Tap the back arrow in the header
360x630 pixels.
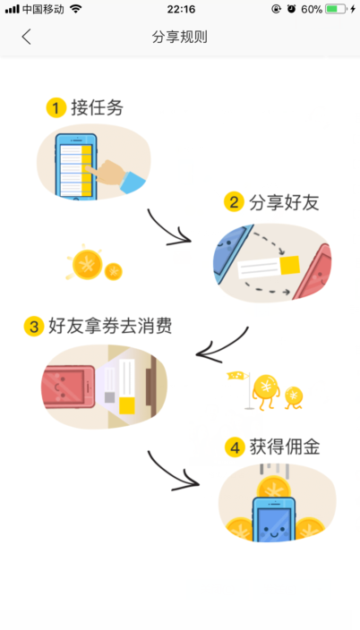[x=26, y=37]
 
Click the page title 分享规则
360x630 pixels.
[x=179, y=37]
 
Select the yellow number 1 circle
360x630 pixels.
[x=56, y=107]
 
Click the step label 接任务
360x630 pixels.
[x=97, y=107]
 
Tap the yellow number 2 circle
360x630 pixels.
[x=234, y=202]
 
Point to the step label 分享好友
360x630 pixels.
[x=284, y=202]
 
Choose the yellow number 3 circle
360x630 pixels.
[x=34, y=327]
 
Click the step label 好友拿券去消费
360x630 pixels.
[x=110, y=326]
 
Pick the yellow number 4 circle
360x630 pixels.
[x=235, y=447]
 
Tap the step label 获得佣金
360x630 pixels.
[x=285, y=447]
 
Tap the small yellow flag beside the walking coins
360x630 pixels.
[x=237, y=376]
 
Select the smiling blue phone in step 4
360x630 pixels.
[x=274, y=519]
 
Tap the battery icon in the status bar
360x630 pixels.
[x=336, y=9]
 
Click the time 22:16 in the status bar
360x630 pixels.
[x=181, y=9]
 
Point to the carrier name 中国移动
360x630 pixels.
[x=43, y=9]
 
